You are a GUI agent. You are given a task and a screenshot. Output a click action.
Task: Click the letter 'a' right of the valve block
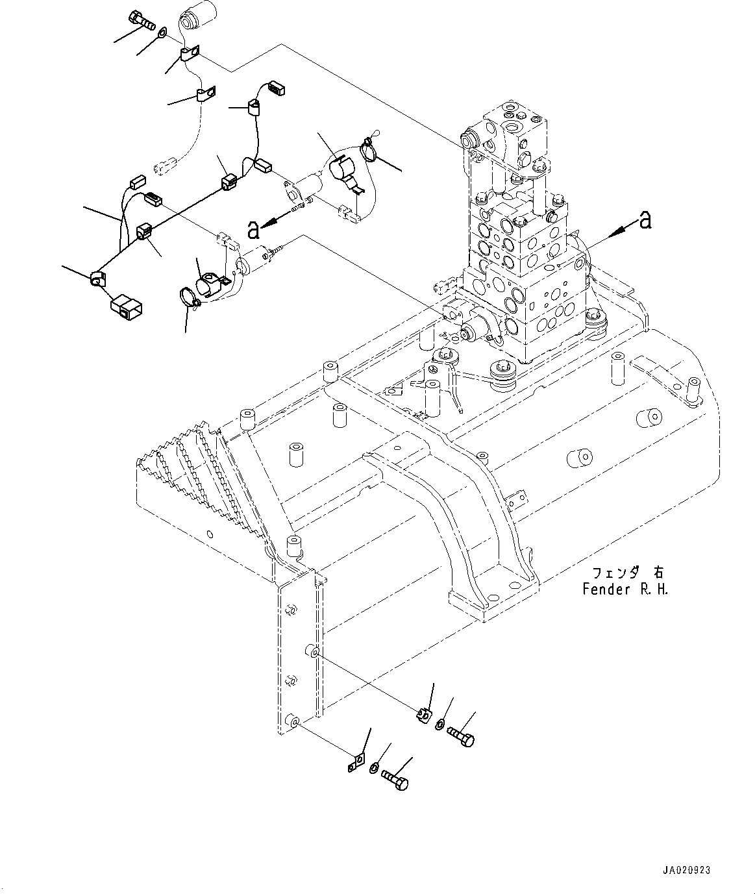[645, 220]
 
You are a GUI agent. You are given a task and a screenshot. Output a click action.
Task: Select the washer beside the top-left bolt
[162, 29]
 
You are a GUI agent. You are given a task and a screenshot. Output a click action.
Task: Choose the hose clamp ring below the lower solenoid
[190, 298]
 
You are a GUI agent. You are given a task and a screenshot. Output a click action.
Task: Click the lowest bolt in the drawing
[395, 780]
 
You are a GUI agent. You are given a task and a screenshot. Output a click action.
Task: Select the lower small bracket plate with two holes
[355, 762]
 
